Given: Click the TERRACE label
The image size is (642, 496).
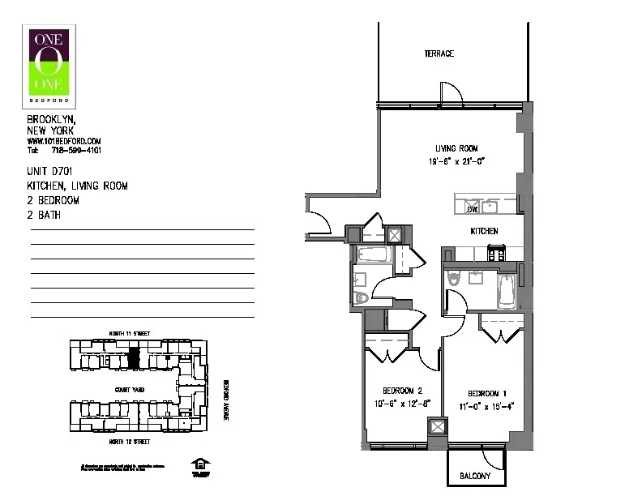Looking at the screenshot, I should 439,54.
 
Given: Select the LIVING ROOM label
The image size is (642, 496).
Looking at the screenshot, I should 456,148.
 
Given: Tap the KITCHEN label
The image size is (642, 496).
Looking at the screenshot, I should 484,231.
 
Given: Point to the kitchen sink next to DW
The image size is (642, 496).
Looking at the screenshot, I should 490,207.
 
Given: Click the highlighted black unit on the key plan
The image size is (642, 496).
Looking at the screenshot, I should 135,357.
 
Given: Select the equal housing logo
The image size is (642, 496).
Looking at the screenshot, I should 199,464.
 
